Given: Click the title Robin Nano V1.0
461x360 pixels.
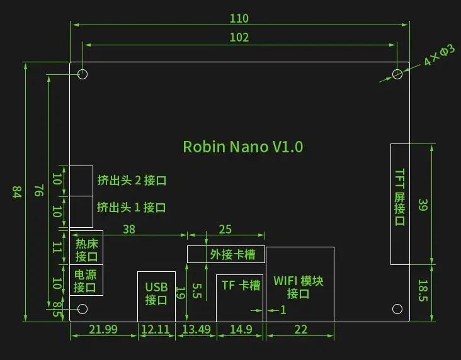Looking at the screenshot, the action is [x=243, y=147].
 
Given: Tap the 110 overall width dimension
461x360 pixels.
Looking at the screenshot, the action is [x=239, y=18].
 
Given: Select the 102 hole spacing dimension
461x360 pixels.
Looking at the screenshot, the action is [x=239, y=37].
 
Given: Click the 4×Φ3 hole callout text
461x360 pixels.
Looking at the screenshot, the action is [x=439, y=55].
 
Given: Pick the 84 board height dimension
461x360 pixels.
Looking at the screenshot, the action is [x=17, y=192].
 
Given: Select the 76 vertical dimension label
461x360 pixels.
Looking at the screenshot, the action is [x=39, y=191].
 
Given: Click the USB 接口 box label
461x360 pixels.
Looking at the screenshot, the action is [x=156, y=293].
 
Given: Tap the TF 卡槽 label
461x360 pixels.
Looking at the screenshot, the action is [x=241, y=285].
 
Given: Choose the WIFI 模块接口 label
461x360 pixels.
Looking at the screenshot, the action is [x=299, y=287].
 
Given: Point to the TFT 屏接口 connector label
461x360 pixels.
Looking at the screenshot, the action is [x=399, y=197].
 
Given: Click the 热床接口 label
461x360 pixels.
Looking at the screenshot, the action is [x=86, y=250].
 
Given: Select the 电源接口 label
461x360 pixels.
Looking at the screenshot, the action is [x=85, y=281].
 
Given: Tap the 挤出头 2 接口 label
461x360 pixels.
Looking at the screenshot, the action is [x=132, y=181].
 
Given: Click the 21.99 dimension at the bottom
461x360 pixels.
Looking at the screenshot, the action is [x=103, y=329].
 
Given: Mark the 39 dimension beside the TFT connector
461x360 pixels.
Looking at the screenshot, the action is [x=423, y=205].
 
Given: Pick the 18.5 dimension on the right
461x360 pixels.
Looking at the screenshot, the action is [x=423, y=290].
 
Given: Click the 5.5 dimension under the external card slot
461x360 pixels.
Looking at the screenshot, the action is [x=197, y=291].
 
